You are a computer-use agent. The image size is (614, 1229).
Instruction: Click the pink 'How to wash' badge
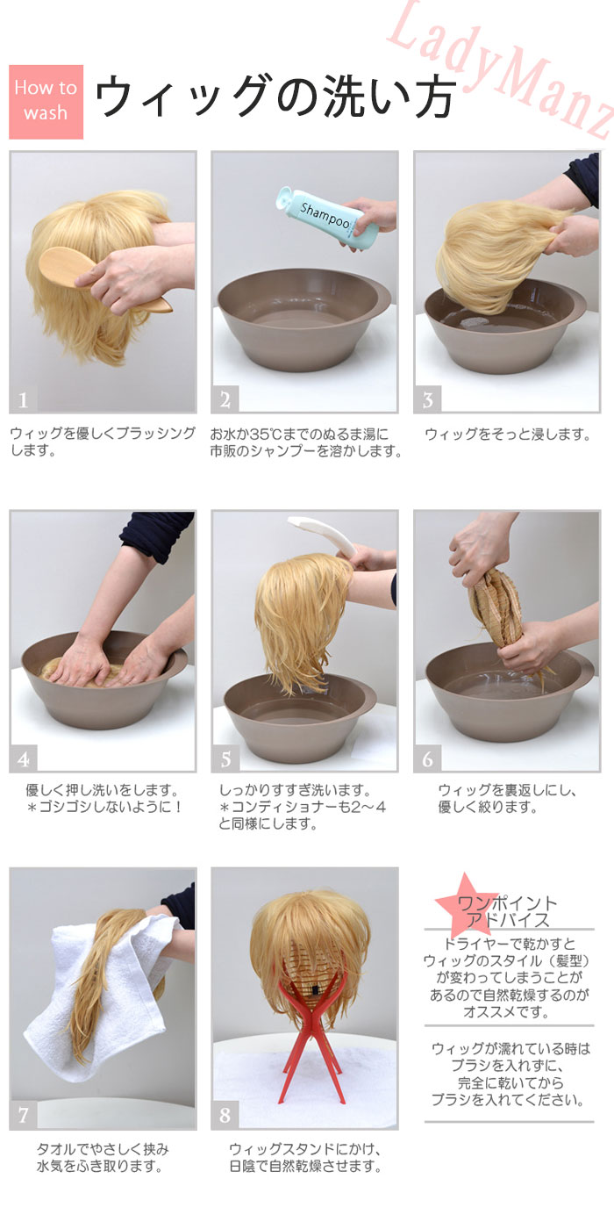coord(46,102)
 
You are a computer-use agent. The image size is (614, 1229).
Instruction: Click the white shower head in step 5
coord(323,535)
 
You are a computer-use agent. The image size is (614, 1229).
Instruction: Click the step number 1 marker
coord(23,399)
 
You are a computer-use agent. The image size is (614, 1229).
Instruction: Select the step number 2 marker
coord(225,399)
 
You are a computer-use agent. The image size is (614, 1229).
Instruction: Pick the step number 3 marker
coord(428,399)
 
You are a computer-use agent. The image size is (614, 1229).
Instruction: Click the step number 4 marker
coord(23,758)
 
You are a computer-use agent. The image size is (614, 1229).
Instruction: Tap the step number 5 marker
coord(225,758)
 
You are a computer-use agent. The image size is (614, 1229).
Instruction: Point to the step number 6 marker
coord(428,758)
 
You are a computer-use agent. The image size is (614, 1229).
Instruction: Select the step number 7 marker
coord(23,1115)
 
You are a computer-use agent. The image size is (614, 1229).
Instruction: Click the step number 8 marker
coord(225,1115)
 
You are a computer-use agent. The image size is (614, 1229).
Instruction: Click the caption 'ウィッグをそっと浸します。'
coord(508,435)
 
